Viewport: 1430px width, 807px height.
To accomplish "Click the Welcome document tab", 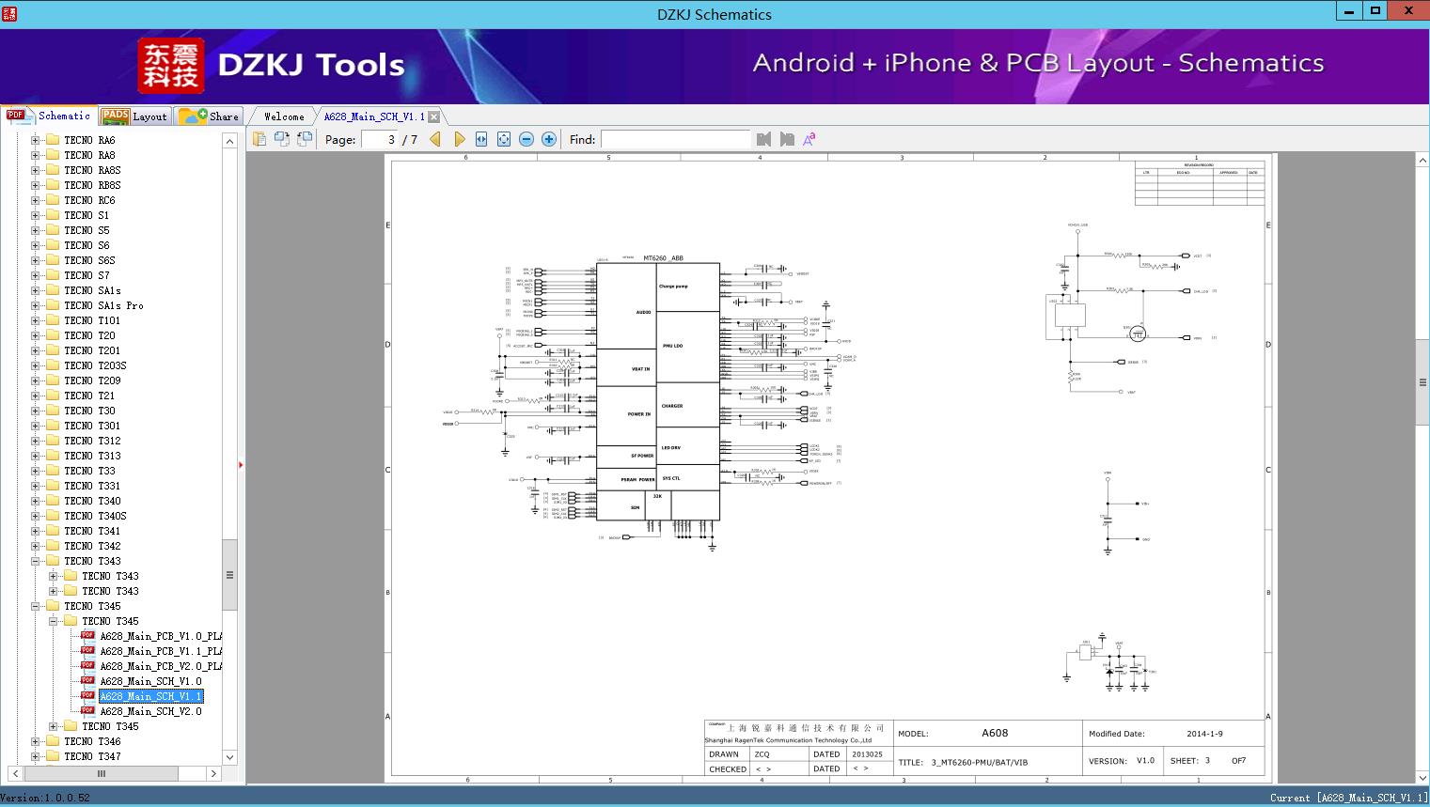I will click(x=284, y=116).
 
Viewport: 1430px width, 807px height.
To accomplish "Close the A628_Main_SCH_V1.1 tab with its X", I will click(x=434, y=116).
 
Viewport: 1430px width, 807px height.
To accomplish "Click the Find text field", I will click(x=675, y=139).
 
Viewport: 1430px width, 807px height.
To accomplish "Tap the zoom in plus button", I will click(x=549, y=139).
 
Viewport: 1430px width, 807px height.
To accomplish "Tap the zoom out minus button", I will click(x=526, y=139).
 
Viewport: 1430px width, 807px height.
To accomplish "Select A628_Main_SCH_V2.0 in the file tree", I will click(x=150, y=711).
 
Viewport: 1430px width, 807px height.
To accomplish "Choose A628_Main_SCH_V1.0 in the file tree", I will click(x=150, y=681).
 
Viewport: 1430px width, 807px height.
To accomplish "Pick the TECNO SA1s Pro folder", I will click(x=103, y=305).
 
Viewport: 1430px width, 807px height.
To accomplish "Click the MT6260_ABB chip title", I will click(x=663, y=258).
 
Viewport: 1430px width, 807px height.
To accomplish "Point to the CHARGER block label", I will click(x=672, y=406).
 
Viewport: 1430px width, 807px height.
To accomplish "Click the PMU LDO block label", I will click(x=672, y=346).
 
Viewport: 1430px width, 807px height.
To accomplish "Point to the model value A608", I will click(x=995, y=733).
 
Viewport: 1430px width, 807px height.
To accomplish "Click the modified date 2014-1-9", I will click(x=1204, y=734).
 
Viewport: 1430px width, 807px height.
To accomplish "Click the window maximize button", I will click(x=1375, y=11).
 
